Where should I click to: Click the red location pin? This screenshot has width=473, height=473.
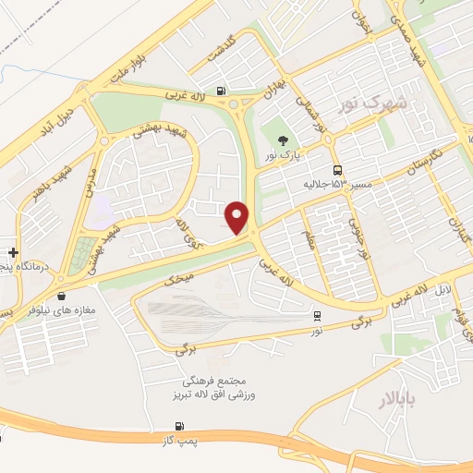237,217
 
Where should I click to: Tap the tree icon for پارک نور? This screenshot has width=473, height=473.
281,140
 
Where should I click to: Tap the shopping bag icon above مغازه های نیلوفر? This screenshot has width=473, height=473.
61,297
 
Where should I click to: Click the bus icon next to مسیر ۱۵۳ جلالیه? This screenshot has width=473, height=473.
337,170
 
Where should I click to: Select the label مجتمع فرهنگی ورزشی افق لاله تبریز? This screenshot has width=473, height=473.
221,387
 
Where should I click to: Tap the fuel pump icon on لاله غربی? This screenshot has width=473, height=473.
220,91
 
